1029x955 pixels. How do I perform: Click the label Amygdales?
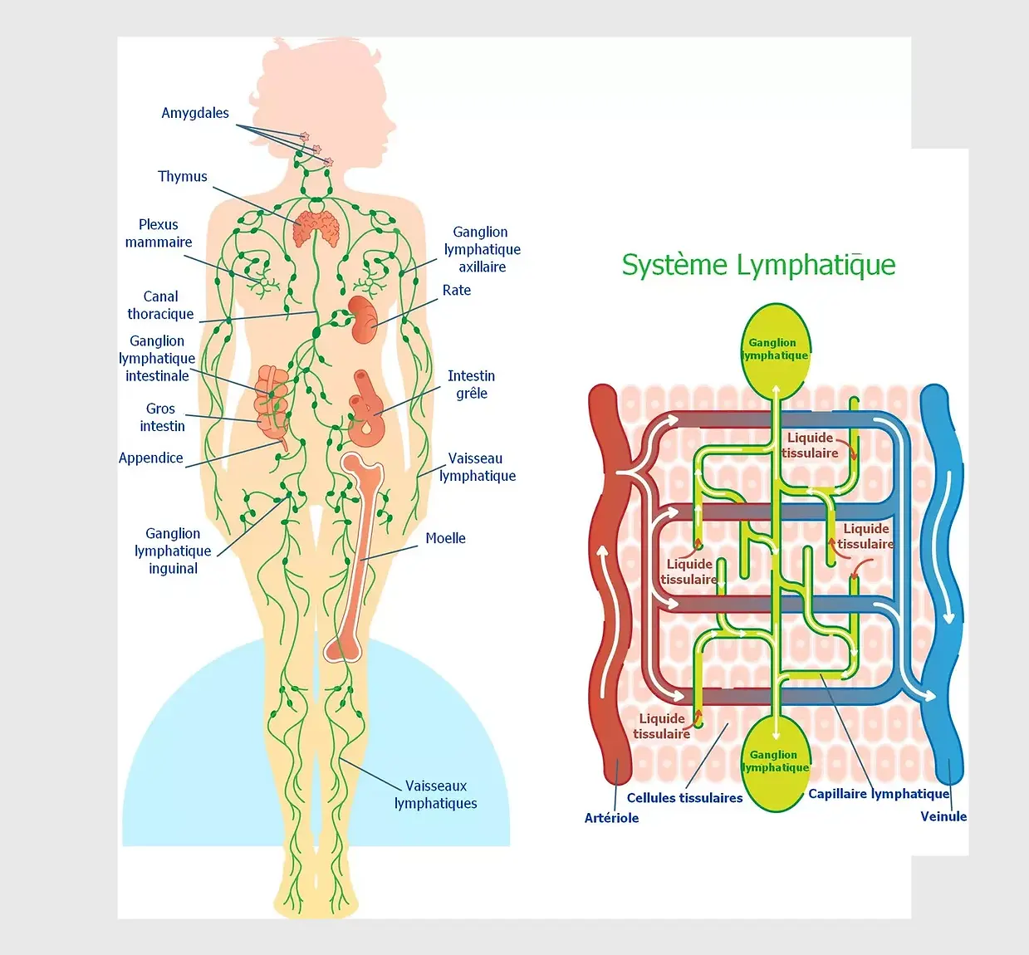tap(195, 113)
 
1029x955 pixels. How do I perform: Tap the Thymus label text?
tap(183, 176)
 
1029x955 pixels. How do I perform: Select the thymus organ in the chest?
tap(316, 228)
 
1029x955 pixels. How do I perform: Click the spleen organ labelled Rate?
tap(363, 319)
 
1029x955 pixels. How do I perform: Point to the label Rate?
tap(456, 290)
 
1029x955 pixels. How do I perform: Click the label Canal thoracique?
tap(160, 306)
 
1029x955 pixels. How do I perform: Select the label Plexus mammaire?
tap(159, 233)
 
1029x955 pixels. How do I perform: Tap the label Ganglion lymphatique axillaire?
tap(482, 249)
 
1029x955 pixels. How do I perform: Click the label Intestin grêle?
tap(471, 384)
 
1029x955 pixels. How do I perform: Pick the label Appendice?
tap(151, 458)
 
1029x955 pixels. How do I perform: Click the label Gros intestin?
tap(162, 418)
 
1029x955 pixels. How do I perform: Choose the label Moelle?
tap(445, 538)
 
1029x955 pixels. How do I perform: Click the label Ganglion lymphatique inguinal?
tap(173, 551)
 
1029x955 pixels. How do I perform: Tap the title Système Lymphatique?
tap(758, 265)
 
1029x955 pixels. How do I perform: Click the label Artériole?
tap(611, 818)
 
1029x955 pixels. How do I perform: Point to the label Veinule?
tap(943, 816)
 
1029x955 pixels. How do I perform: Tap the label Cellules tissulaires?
tap(684, 798)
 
